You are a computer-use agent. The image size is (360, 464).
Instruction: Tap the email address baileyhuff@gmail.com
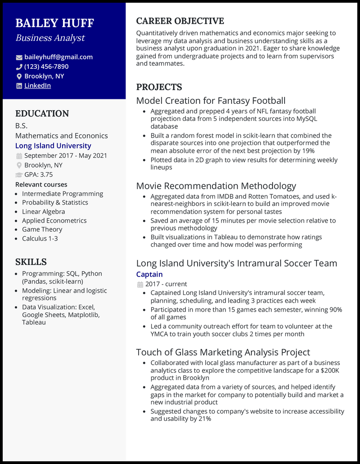(x=58, y=57)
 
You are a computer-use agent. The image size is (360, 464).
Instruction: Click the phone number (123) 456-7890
(x=46, y=67)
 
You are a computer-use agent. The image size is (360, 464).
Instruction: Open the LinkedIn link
(x=37, y=85)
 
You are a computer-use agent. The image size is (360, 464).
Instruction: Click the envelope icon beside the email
(x=19, y=58)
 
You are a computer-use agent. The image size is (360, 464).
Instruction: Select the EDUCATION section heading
(x=42, y=114)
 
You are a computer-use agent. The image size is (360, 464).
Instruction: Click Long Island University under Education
(x=53, y=146)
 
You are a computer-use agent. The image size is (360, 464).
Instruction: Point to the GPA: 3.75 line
(x=38, y=174)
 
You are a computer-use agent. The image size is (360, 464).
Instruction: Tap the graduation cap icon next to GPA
(x=19, y=175)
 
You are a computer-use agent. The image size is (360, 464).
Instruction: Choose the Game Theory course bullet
(x=42, y=229)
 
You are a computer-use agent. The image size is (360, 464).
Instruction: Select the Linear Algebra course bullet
(x=43, y=211)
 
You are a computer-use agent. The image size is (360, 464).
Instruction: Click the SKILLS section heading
(x=31, y=262)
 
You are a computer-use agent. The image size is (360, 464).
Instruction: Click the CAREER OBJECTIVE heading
(x=180, y=21)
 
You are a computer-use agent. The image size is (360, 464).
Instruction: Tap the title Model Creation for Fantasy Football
(x=211, y=101)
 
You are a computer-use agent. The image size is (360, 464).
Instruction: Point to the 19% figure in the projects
(x=308, y=151)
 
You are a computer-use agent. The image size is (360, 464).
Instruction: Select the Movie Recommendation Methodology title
(x=216, y=186)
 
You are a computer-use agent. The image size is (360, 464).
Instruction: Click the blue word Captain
(x=149, y=274)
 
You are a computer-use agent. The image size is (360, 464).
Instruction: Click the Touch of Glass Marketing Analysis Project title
(x=223, y=352)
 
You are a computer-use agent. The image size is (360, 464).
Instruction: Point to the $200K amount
(x=331, y=370)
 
